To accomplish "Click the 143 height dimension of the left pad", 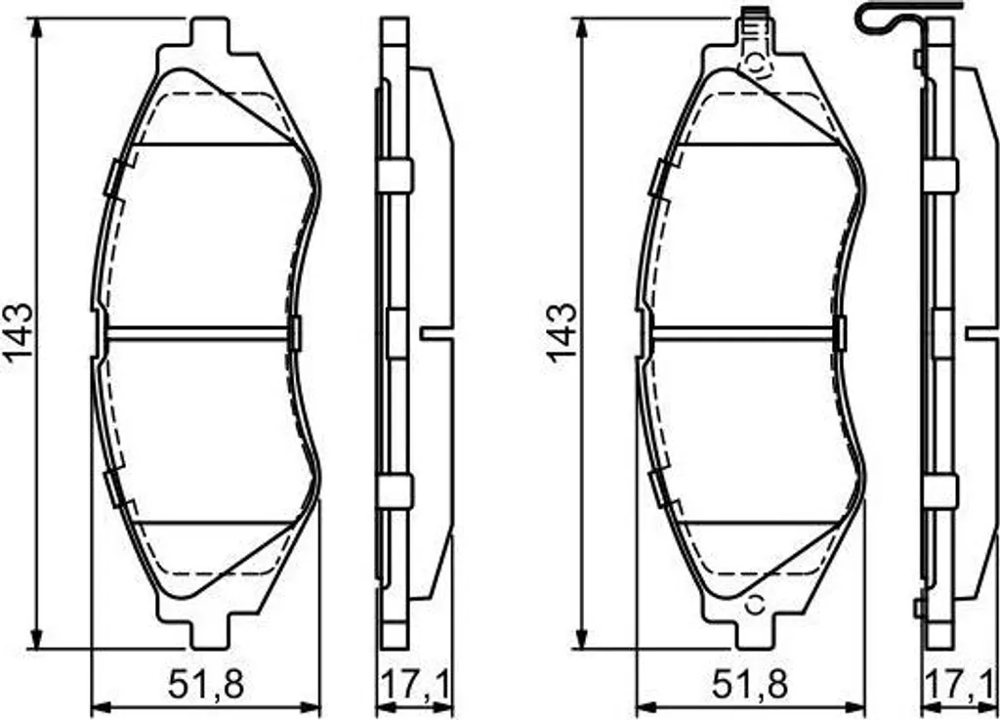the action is [19, 333].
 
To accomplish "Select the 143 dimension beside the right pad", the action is [562, 333].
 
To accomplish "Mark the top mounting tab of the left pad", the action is [209, 35].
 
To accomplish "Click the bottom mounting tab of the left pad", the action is [209, 631].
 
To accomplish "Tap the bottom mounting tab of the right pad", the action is [755, 631].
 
